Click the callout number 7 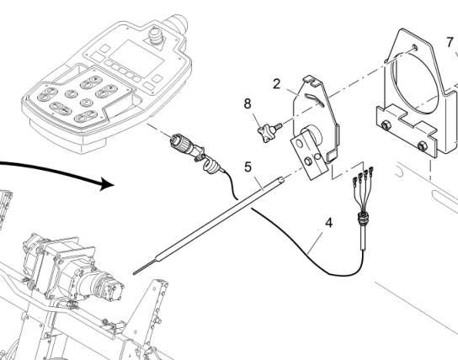pos(450,43)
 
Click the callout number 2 pos(277,84)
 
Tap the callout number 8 pos(248,103)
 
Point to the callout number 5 pos(248,167)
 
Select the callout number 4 pos(329,223)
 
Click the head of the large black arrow pos(107,183)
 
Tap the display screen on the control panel pos(136,59)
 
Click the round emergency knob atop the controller pos(154,34)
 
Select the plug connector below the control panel pos(184,146)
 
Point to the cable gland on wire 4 pos(362,218)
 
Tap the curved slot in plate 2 pos(314,100)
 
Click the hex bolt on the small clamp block pos(307,161)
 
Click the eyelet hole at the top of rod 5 pos(282,180)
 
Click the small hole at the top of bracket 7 pos(414,46)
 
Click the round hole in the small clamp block pos(300,144)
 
